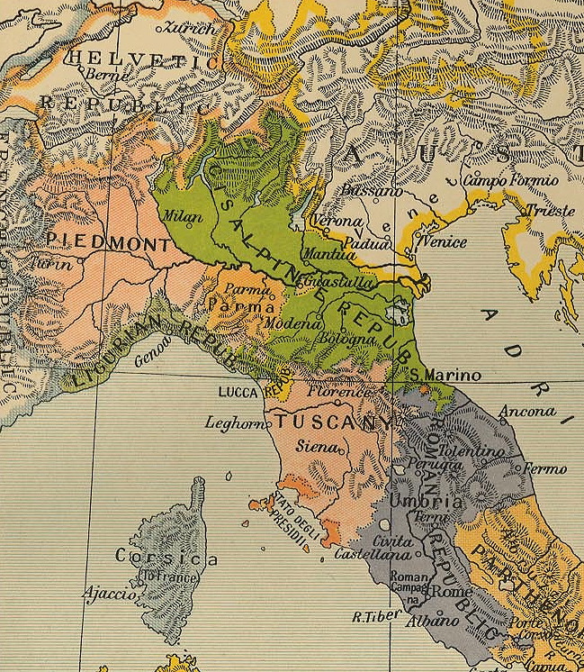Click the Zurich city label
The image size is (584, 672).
189,29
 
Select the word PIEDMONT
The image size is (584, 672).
107,241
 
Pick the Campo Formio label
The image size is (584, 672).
510,180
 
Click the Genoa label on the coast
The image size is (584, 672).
152,358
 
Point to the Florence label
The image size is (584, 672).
338,393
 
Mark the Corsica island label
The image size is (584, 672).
166,558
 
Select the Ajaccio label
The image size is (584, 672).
108,594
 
